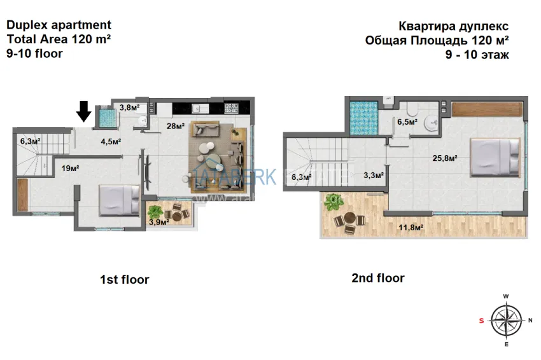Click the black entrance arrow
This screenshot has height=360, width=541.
click(83, 111)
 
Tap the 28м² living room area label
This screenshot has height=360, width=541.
click(176, 126)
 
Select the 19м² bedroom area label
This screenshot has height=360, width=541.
click(70, 169)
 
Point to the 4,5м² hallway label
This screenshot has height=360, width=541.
click(111, 142)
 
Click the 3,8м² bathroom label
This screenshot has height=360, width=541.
click(129, 107)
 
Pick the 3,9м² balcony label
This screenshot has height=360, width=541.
click(158, 222)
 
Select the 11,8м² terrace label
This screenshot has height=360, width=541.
click(411, 226)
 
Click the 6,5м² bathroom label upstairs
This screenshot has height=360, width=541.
click(408, 121)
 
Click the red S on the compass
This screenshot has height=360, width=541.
click(481, 321)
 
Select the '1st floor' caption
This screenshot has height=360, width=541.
click(125, 279)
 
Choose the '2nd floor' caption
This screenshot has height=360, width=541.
click(378, 278)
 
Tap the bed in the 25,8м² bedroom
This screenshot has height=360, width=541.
click(496, 156)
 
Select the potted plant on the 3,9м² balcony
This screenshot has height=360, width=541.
click(155, 211)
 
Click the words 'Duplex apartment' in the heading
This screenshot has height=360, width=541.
click(59, 25)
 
